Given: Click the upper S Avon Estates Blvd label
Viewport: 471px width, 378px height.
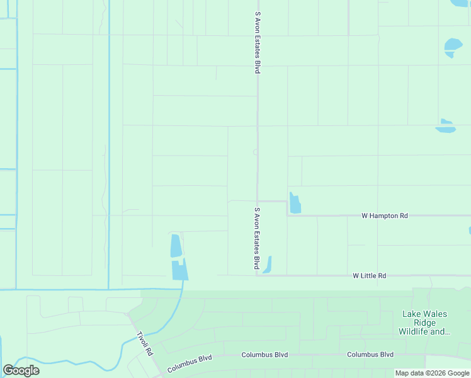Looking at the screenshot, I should (257, 42).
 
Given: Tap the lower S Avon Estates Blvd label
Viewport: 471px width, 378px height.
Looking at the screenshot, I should (257, 238).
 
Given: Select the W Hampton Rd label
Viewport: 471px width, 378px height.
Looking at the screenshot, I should (385, 215).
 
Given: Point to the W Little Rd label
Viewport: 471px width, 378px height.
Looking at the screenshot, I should (370, 275).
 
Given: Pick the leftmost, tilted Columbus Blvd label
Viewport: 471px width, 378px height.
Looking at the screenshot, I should (189, 362).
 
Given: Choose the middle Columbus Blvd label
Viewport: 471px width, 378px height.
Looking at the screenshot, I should (264, 355).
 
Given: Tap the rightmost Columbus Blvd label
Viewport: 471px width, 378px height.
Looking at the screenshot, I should (370, 354).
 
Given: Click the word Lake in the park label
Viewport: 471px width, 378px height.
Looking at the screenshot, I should (412, 314).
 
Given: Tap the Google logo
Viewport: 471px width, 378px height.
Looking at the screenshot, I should (21, 370).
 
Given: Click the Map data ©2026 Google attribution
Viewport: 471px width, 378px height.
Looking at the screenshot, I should (431, 373).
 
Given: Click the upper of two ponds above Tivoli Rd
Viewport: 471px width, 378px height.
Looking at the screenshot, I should (176, 246).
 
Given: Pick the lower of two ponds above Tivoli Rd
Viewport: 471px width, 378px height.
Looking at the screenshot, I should (180, 270).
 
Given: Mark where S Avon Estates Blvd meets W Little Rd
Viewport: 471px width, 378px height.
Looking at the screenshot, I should (257, 275).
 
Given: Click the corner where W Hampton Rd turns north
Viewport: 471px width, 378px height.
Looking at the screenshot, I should (288, 215).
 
